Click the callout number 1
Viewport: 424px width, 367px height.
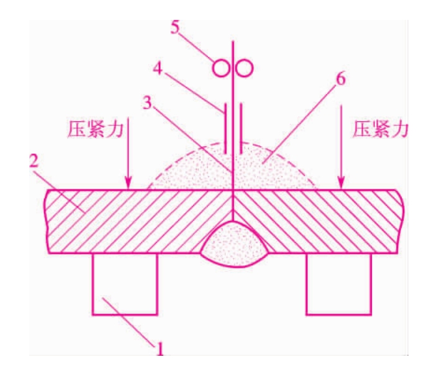click(160, 349)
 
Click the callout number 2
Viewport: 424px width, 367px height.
click(34, 161)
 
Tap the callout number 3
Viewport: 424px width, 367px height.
click(147, 103)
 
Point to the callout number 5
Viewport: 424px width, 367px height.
click(175, 27)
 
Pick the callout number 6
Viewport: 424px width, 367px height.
click(340, 79)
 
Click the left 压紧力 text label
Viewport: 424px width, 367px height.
click(96, 130)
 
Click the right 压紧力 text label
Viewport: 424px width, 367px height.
click(380, 130)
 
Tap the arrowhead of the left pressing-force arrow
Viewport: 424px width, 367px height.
click(128, 183)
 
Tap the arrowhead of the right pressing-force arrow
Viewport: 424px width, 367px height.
click(341, 183)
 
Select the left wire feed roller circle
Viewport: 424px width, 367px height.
click(221, 68)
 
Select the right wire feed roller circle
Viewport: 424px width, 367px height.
click(244, 68)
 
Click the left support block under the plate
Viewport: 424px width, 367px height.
click(125, 284)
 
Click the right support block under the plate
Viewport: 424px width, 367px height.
click(339, 284)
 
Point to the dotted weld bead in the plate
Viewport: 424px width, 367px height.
click(235, 245)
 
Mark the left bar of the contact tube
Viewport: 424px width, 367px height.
click(225, 128)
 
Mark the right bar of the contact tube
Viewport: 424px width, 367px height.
click(241, 128)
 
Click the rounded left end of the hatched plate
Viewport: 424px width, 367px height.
click(46, 221)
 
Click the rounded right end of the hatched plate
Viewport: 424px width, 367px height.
click(401, 221)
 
